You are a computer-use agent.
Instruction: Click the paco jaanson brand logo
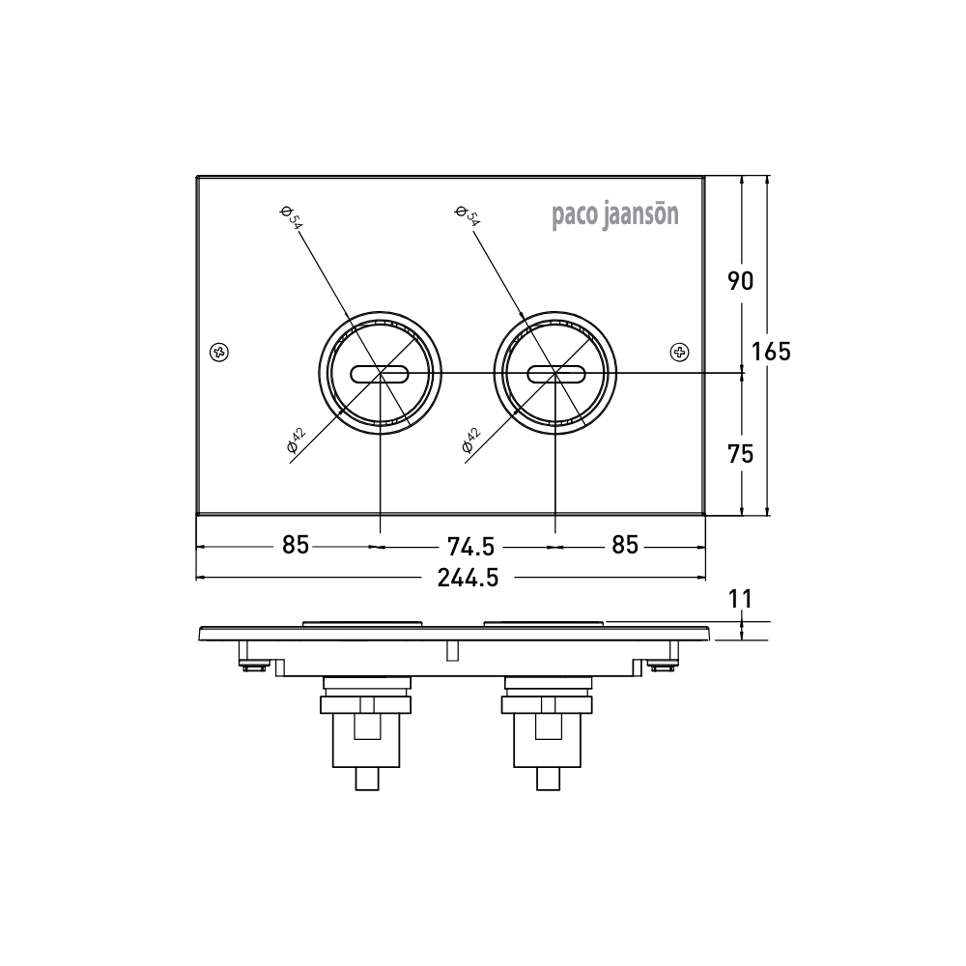pos(615,214)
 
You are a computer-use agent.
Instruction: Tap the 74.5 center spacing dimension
pos(471,546)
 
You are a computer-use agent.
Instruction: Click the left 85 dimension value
pos(296,546)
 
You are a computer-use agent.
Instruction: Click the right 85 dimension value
pos(625,546)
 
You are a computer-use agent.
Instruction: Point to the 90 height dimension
pos(740,281)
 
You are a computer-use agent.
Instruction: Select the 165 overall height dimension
pos(771,352)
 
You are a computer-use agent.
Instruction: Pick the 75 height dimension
pos(740,453)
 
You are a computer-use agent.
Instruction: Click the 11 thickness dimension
pos(740,599)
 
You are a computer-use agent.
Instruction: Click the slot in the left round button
pos(381,373)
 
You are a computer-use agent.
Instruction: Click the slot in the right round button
pos(555,373)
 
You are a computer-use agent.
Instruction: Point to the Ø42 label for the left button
pos(296,440)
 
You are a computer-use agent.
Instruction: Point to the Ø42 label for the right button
pos(471,440)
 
